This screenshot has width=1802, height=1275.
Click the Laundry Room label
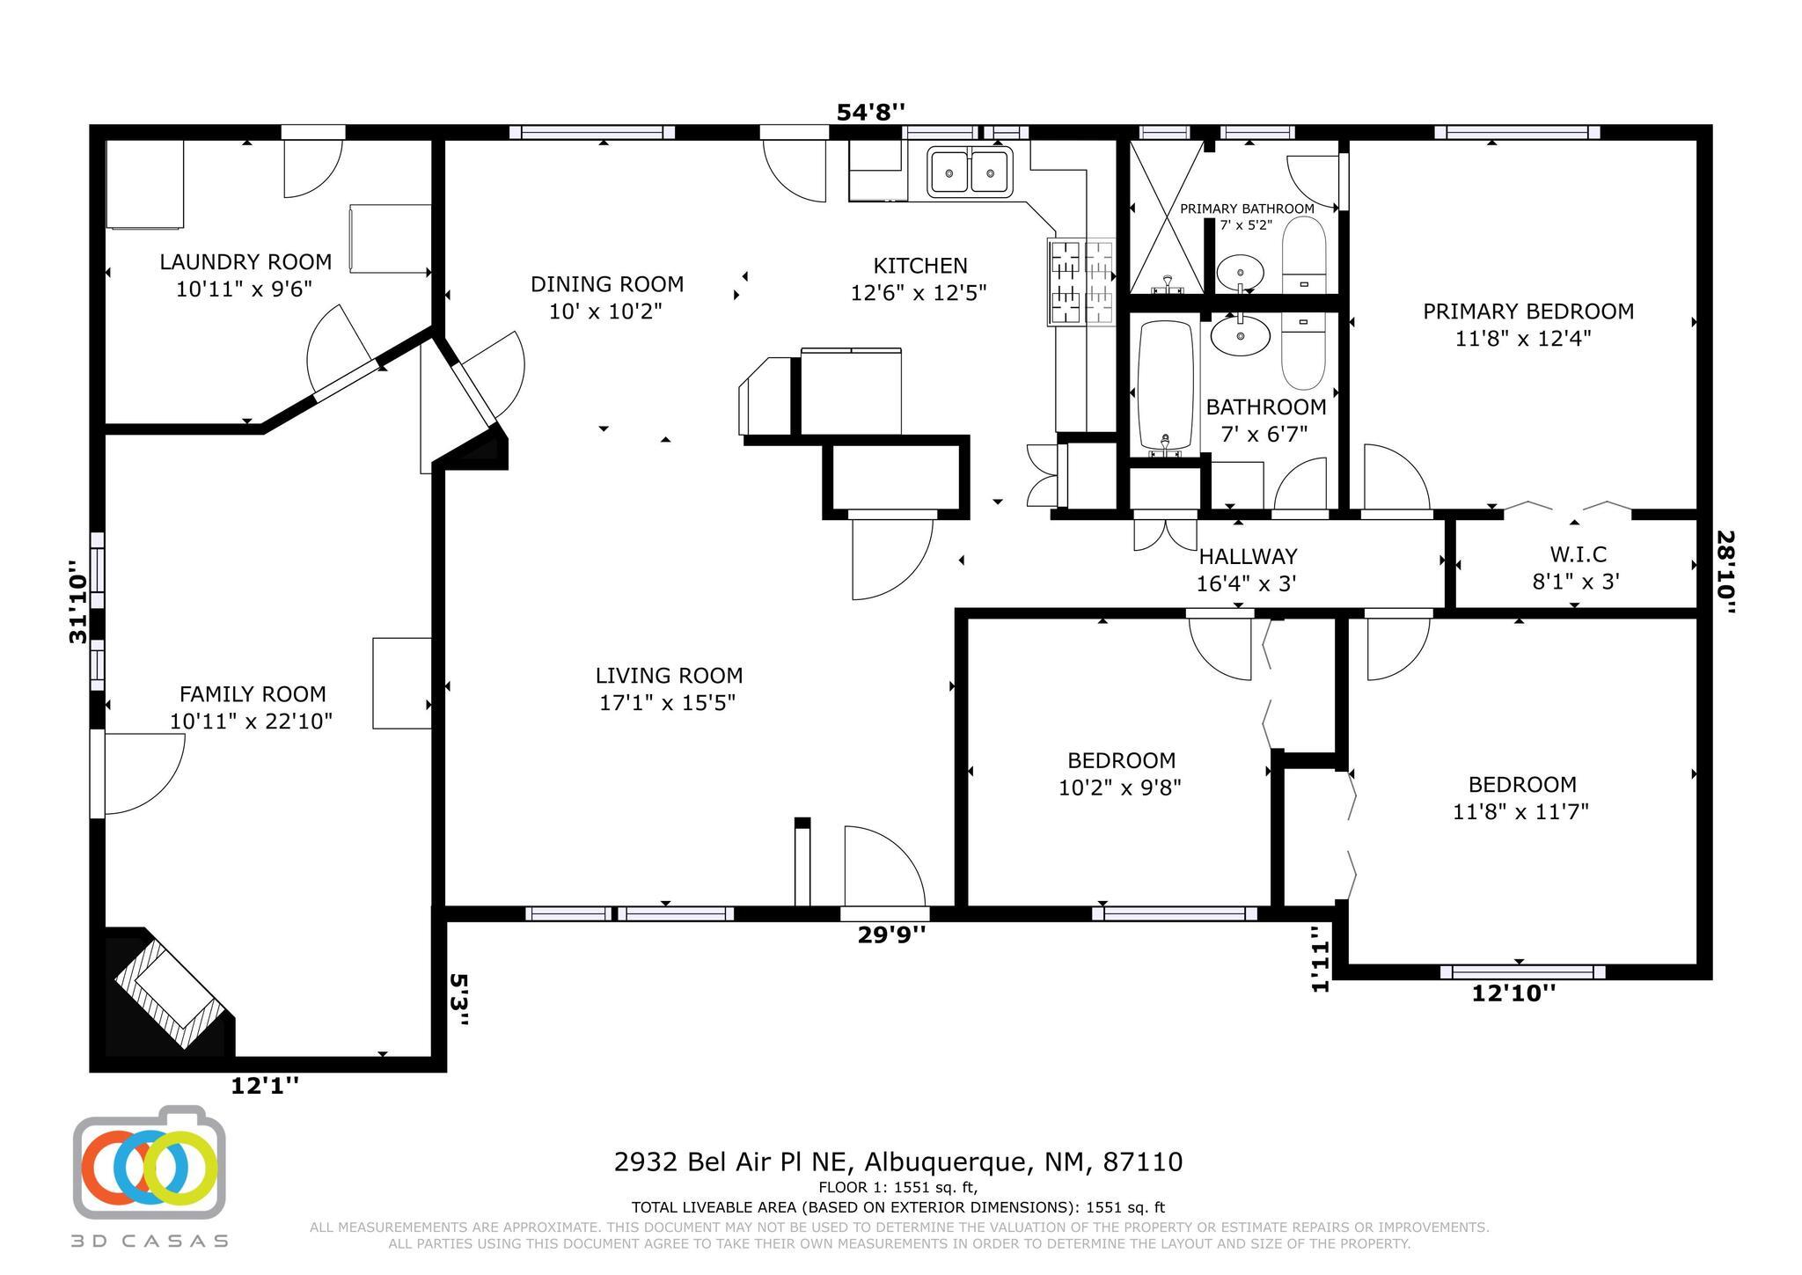[x=245, y=261]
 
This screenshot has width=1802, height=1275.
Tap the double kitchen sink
[x=970, y=171]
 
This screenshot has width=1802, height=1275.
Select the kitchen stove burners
[x=1080, y=282]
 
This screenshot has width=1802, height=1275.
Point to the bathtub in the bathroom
[x=1166, y=385]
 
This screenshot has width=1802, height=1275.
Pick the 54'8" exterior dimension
[x=869, y=112]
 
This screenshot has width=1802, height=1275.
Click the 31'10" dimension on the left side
[x=79, y=602]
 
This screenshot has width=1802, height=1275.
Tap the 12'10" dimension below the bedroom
[x=1513, y=993]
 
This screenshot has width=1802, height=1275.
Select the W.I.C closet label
[x=1578, y=554]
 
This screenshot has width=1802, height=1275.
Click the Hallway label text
[x=1248, y=556]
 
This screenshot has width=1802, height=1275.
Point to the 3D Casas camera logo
[x=150, y=1162]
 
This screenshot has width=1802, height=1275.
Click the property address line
[x=898, y=1162]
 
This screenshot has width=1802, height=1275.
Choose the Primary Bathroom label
[x=1247, y=209]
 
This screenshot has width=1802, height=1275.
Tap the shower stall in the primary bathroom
[x=1166, y=216]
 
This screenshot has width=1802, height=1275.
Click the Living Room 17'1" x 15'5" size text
[x=667, y=703]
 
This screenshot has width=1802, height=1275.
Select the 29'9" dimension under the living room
[x=891, y=934]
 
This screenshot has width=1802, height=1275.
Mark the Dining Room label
[x=607, y=284]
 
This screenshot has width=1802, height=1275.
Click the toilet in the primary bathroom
[x=1304, y=254]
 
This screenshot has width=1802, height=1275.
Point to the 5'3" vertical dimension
[x=459, y=1000]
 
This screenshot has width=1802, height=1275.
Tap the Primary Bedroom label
[x=1528, y=311]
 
